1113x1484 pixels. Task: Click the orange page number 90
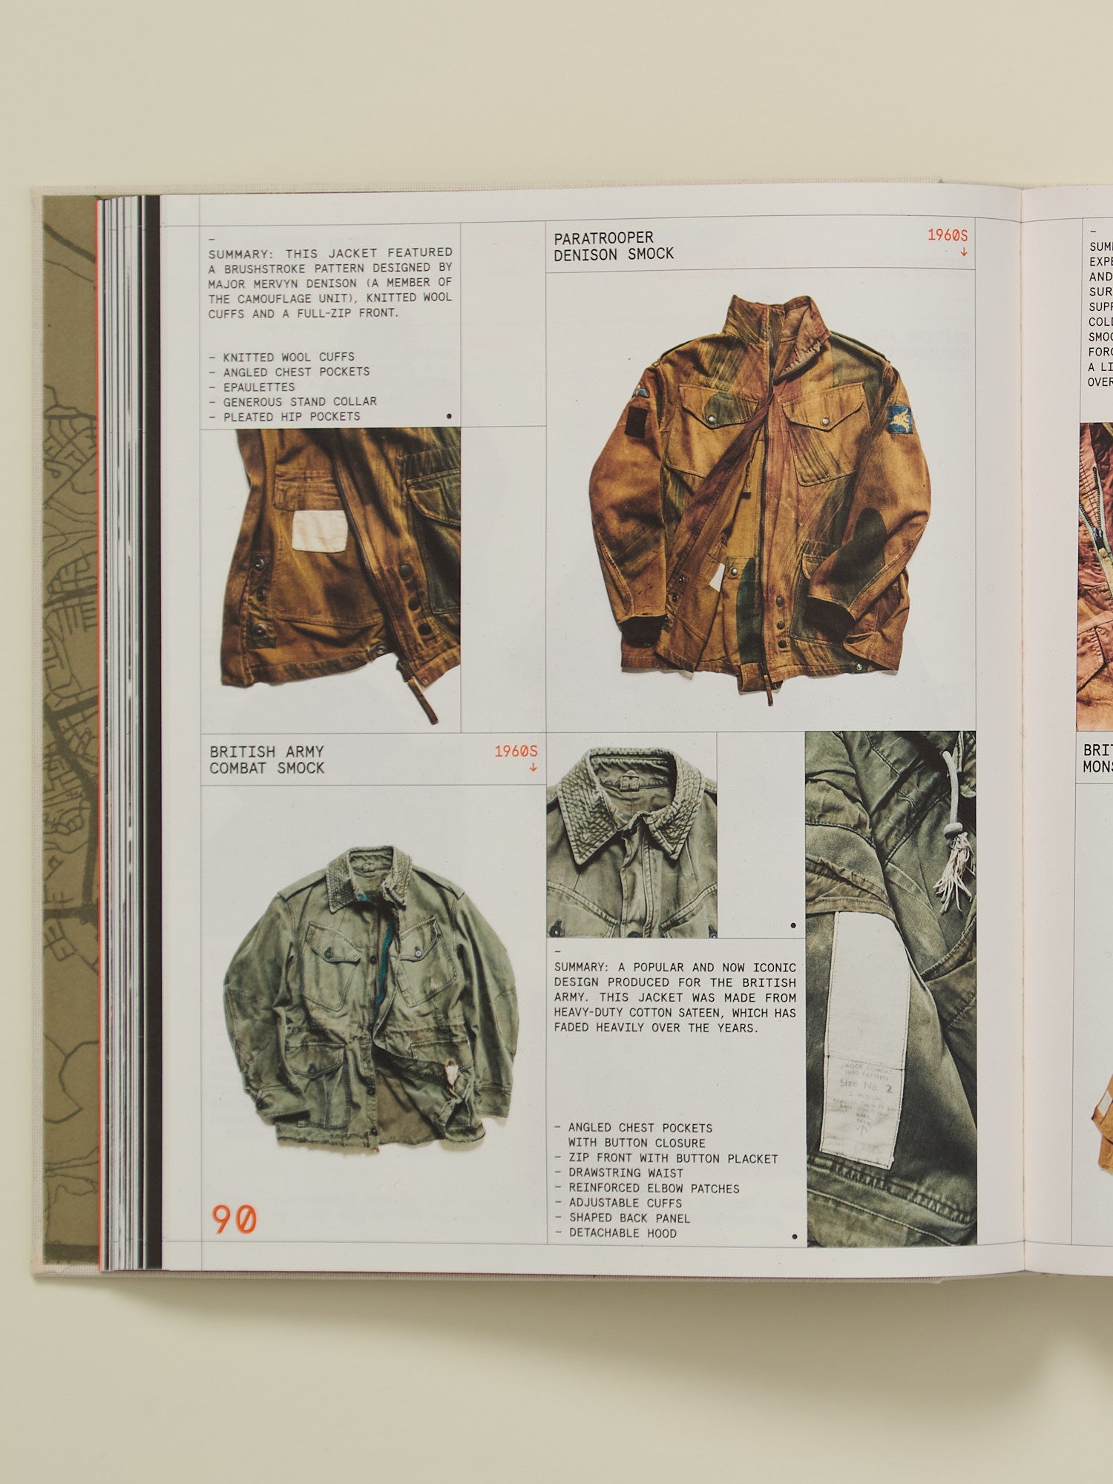(x=234, y=1219)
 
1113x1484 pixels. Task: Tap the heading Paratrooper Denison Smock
(x=614, y=246)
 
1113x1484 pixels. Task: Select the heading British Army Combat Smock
(x=267, y=760)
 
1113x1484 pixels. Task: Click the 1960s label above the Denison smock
(x=948, y=235)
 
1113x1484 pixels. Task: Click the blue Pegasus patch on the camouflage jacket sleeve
(x=900, y=419)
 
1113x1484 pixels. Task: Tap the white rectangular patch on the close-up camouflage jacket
(x=320, y=531)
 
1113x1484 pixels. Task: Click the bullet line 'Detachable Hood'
(x=623, y=1232)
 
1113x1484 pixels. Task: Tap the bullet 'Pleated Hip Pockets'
(x=292, y=416)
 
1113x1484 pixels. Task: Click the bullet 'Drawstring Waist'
(x=626, y=1172)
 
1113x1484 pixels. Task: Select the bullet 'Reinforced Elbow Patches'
(x=654, y=1188)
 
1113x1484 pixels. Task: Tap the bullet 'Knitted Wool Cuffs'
(x=289, y=357)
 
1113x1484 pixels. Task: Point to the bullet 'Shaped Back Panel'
(x=629, y=1218)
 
